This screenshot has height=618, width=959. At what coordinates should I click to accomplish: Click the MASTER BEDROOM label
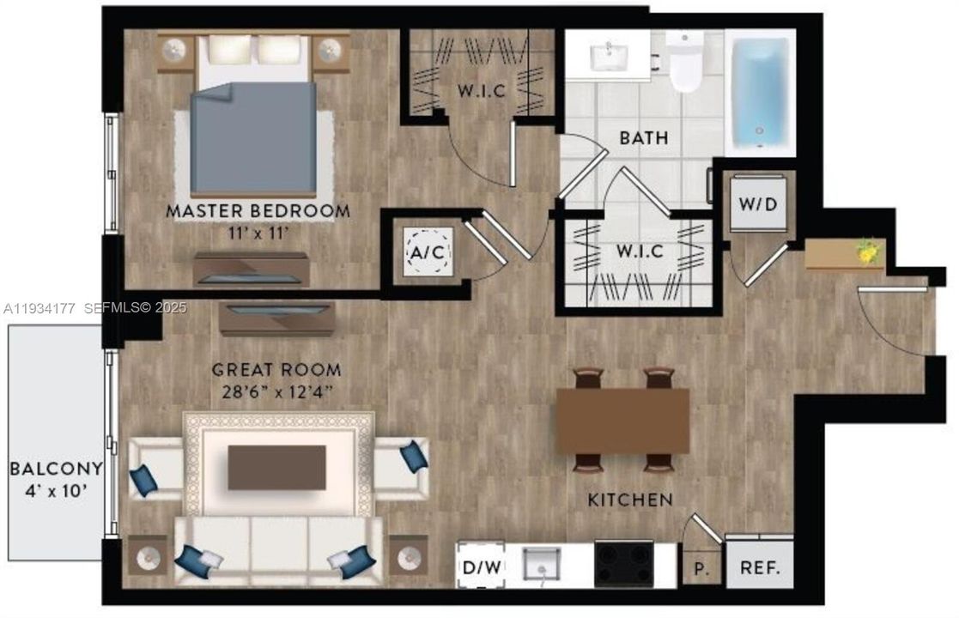[x=258, y=210]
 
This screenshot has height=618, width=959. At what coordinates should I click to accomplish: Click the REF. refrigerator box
[x=760, y=566]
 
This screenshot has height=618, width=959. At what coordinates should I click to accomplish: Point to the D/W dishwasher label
[x=480, y=567]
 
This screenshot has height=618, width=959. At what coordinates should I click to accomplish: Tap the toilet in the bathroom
[x=686, y=64]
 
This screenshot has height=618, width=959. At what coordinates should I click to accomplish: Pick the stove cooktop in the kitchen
[x=624, y=565]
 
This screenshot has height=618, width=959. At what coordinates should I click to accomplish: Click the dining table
[x=622, y=421]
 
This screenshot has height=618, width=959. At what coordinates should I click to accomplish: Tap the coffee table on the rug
[x=276, y=468]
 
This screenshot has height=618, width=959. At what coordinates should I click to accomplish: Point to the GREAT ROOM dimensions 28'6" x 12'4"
[x=276, y=392]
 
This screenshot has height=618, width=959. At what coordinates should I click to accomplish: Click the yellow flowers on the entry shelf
[x=867, y=251]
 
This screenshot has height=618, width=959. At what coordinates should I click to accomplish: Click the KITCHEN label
[x=630, y=500]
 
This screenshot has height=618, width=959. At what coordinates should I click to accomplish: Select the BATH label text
[x=644, y=137]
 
